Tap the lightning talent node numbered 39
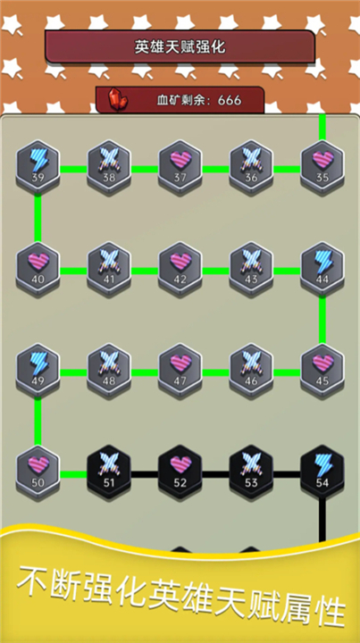pyautogui.click(x=38, y=166)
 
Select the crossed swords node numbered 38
pyautogui.click(x=109, y=166)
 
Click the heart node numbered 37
pyautogui.click(x=180, y=166)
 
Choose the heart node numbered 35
pyautogui.click(x=322, y=166)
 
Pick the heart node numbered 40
pyautogui.click(x=38, y=268)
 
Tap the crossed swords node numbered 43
pyautogui.click(x=251, y=268)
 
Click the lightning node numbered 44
pyautogui.click(x=322, y=268)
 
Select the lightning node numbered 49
pyautogui.click(x=38, y=370)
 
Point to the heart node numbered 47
pyautogui.click(x=180, y=370)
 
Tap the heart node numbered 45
pyautogui.click(x=322, y=370)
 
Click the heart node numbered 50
pyautogui.click(x=38, y=472)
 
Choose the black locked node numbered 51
pyautogui.click(x=109, y=472)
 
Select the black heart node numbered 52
pyautogui.click(x=180, y=472)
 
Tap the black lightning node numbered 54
pyautogui.click(x=322, y=472)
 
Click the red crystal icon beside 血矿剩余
pyautogui.click(x=118, y=99)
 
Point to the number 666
pyautogui.click(x=230, y=100)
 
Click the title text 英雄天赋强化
pyautogui.click(x=180, y=46)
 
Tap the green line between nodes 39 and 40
pyautogui.click(x=38, y=218)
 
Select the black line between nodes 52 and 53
pyautogui.click(x=215, y=474)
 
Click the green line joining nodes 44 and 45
pyautogui.click(x=322, y=320)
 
